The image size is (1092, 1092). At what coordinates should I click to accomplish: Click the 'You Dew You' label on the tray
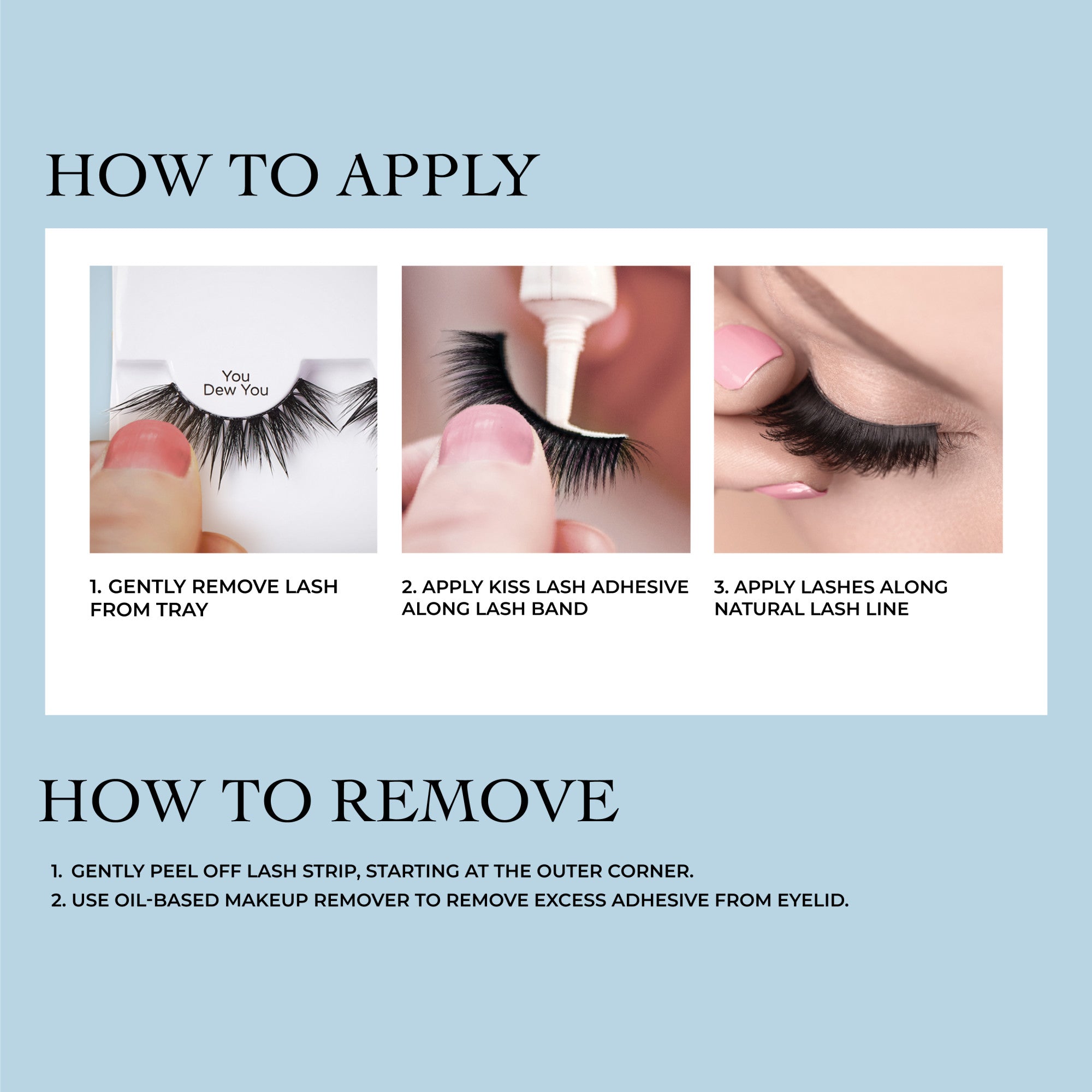(x=236, y=383)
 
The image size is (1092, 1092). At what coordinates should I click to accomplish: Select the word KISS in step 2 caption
(x=508, y=587)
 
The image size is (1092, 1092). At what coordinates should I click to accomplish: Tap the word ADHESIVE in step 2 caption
(x=640, y=587)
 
